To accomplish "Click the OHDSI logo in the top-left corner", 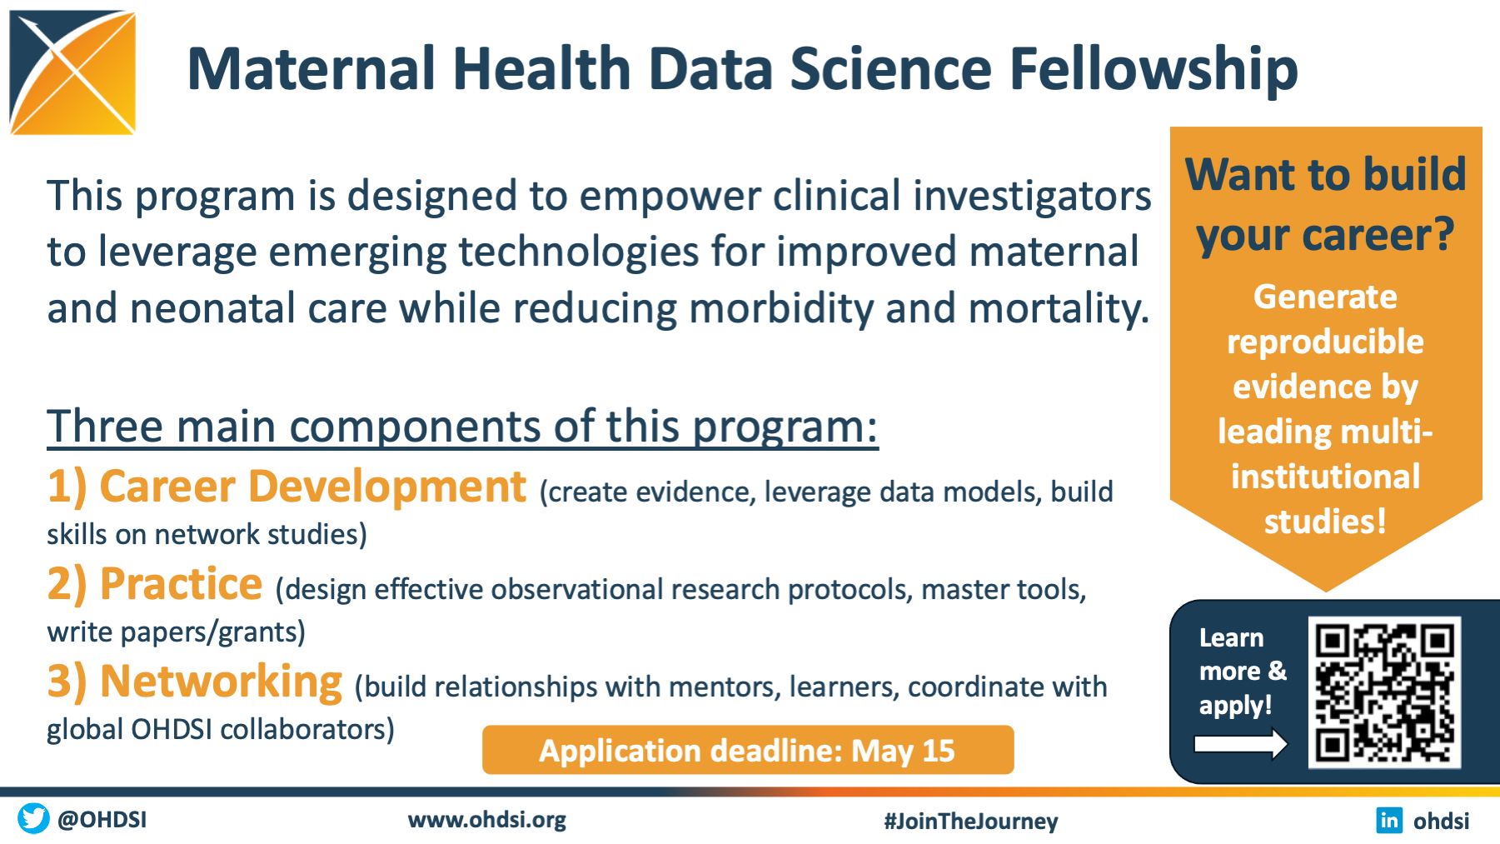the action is pos(72,72).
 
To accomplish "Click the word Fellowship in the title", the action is pos(1154,69).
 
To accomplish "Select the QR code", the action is pos(1384,692).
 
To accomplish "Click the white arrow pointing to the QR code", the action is pos(1240,743).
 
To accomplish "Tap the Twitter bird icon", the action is pos(33,818).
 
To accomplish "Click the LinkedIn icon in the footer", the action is pos(1389,820).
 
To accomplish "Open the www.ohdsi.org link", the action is pos(486,820).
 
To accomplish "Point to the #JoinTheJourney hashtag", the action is pos(970,822).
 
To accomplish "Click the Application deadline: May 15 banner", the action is pos(748,750).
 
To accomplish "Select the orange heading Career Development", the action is pos(312,487).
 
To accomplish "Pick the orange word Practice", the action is pos(181,584).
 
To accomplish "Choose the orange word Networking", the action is pos(221,682).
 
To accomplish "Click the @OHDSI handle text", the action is pos(102,820).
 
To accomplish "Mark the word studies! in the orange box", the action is pos(1325,522).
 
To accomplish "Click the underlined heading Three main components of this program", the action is pos(462,427).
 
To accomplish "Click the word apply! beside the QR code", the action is pos(1235,706).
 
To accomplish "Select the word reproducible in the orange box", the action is pos(1325,342).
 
